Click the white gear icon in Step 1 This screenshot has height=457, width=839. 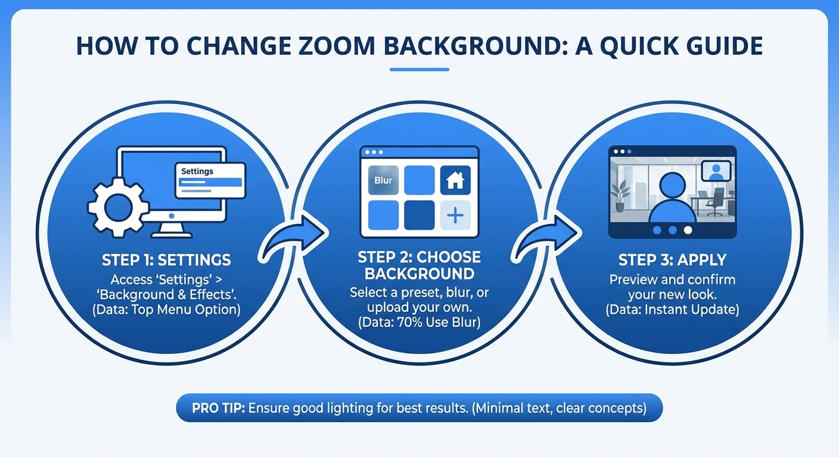pos(119,207)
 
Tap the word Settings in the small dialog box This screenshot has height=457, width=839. pos(197,171)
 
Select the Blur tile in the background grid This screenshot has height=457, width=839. pos(383,180)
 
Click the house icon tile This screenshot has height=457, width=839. pos(455,180)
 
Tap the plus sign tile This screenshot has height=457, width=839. pos(455,215)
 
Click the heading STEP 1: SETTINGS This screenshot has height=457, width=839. pos(166,260)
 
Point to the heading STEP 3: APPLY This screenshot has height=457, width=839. pos(672,260)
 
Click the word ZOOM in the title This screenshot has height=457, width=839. pos(336,46)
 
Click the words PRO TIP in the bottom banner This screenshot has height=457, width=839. pos(218,408)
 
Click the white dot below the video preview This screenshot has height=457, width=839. pos(688,230)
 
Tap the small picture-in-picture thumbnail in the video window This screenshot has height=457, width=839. pos(716,171)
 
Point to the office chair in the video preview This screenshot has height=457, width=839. pos(715,202)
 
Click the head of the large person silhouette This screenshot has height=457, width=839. pos(672,186)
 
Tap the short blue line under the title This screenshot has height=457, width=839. pos(419,70)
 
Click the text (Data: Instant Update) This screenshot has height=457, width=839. pos(672,309)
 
